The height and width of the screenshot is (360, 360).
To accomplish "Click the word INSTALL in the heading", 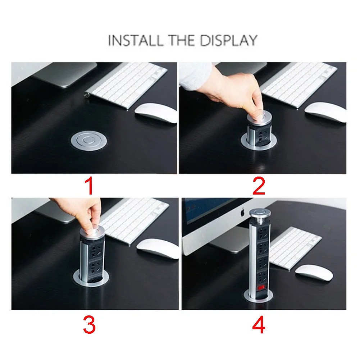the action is [135, 40].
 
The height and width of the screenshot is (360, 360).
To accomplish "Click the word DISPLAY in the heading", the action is [228, 40].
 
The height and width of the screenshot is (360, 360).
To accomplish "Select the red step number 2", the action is [259, 186].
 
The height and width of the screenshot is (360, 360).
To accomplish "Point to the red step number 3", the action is [89, 325].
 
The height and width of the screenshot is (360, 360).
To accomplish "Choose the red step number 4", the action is [259, 325].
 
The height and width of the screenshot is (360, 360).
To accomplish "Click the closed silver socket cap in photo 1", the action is [88, 141].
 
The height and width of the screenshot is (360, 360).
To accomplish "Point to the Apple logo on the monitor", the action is [243, 212].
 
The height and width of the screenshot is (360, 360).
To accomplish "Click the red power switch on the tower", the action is [261, 287].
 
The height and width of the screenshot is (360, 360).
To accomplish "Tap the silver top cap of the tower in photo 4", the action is [260, 213].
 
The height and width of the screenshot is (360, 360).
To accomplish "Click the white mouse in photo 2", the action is [325, 112].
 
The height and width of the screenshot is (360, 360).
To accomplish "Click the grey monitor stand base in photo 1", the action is [65, 75].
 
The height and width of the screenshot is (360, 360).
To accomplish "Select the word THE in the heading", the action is [181, 40].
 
